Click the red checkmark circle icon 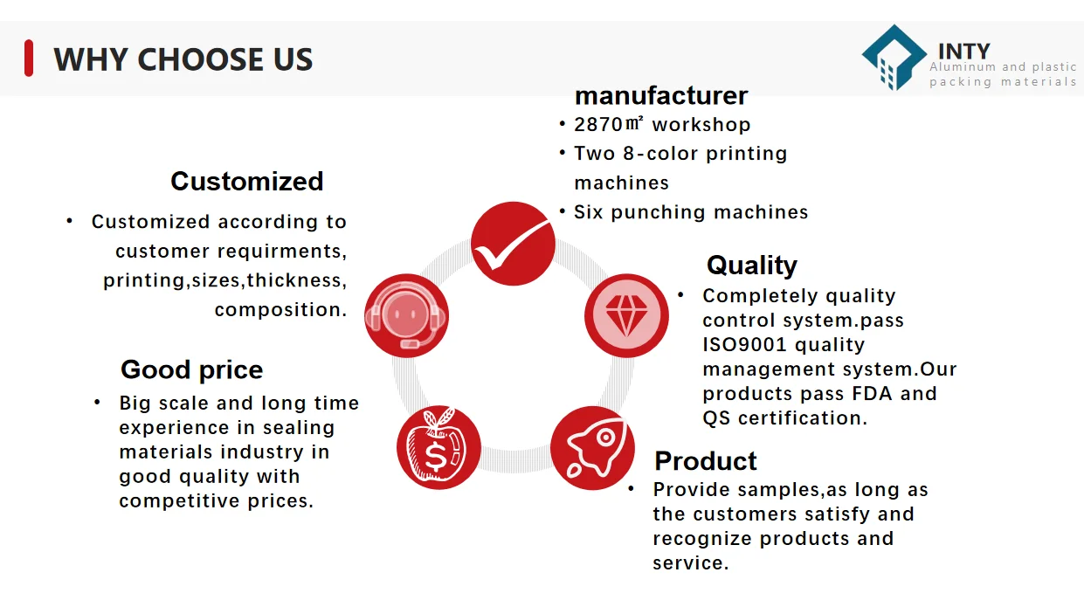click(x=513, y=244)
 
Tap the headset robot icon click(x=406, y=315)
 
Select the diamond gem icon click(x=626, y=315)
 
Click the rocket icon click(x=592, y=448)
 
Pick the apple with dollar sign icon click(x=438, y=447)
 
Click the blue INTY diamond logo click(x=894, y=58)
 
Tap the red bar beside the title click(x=29, y=59)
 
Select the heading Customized click(x=247, y=182)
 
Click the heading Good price click(x=191, y=370)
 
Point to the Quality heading click(x=751, y=266)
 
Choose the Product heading click(x=705, y=461)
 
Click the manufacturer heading click(x=661, y=96)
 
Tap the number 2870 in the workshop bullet click(x=598, y=125)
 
